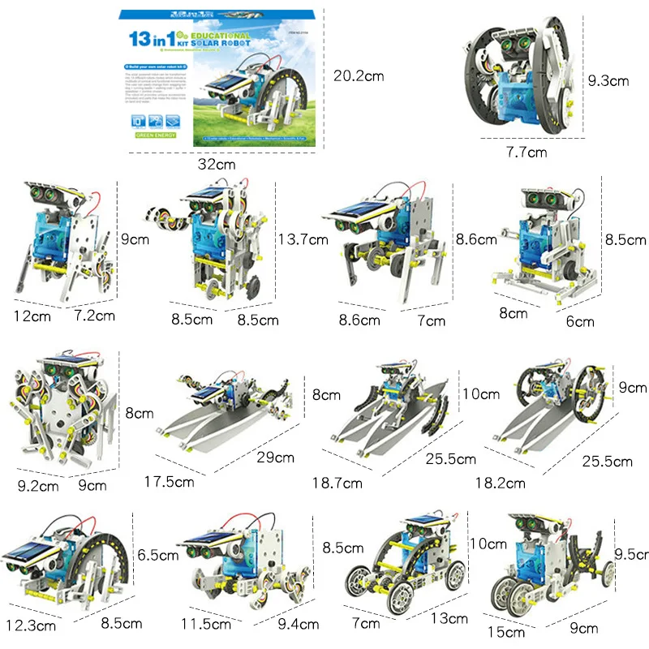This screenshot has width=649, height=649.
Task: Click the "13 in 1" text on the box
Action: tap(153, 38)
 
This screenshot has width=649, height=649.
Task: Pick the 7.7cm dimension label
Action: tap(527, 152)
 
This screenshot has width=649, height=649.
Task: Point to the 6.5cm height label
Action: tap(158, 556)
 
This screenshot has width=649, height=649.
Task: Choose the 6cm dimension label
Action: tap(580, 321)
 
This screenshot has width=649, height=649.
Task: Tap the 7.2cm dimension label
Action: tap(94, 315)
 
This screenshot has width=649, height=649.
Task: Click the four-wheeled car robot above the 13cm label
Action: tap(406, 560)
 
